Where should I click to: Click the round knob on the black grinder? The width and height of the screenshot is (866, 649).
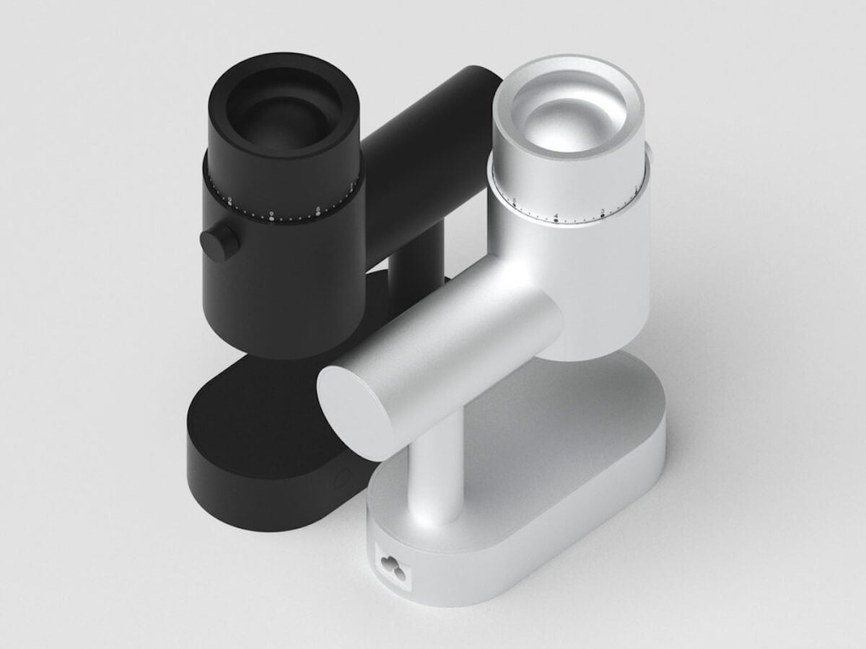219,244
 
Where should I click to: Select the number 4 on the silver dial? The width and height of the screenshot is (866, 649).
556,215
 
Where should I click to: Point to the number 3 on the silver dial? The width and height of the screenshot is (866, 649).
602,211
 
